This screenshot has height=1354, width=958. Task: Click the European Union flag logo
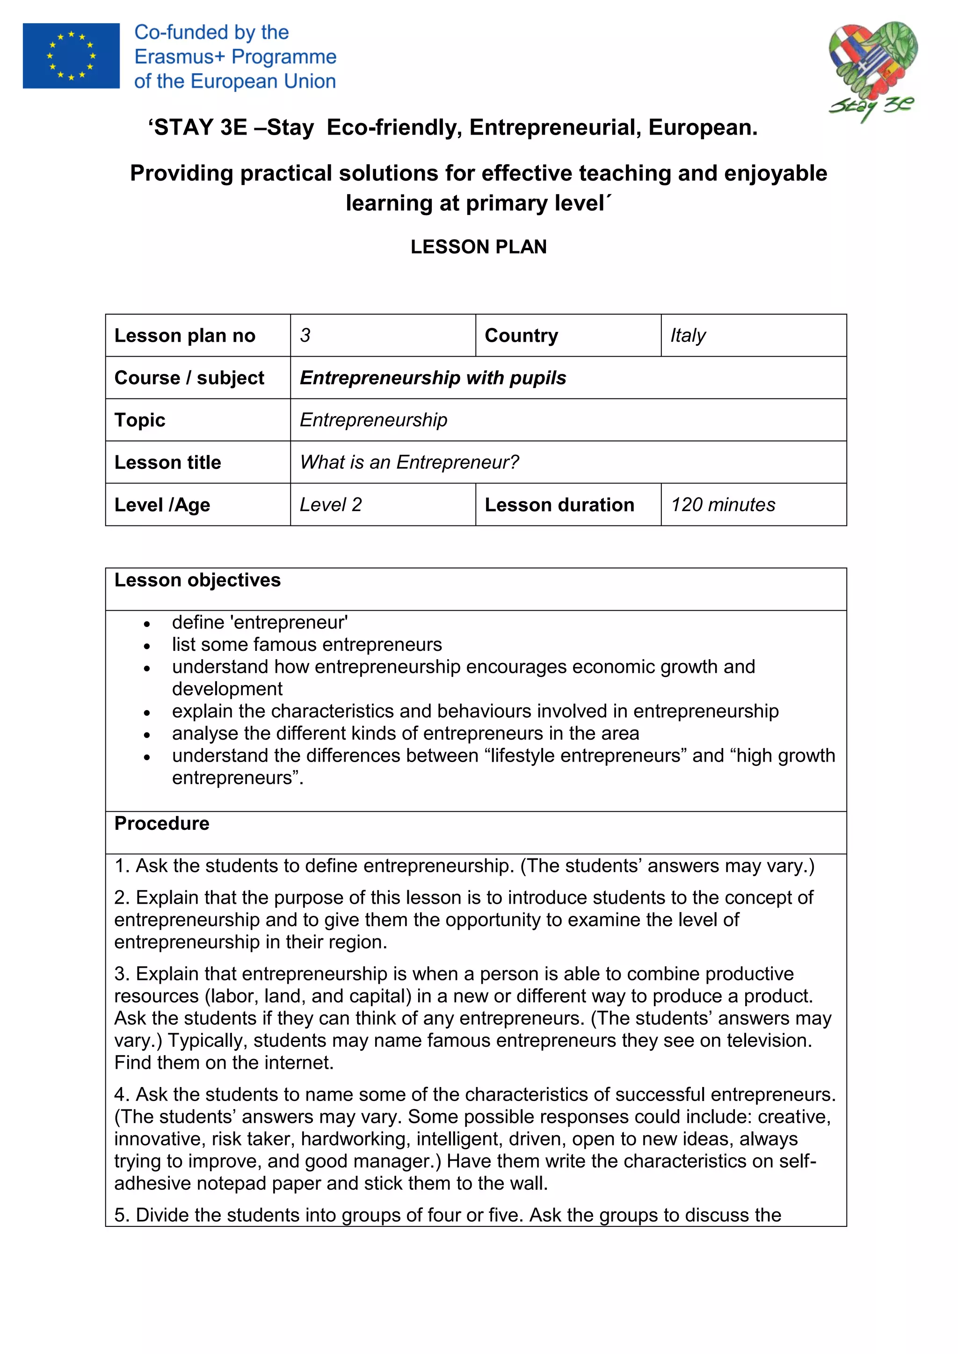[71, 56]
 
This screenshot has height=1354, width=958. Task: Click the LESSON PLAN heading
[479, 246]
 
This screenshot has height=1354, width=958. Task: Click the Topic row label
[140, 420]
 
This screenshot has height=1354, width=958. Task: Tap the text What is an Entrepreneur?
[409, 462]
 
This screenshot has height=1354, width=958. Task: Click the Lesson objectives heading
[197, 580]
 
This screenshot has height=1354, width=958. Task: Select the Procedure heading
[162, 823]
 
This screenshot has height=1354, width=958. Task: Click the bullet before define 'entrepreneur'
[147, 624]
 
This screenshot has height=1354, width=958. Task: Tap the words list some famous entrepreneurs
[307, 645]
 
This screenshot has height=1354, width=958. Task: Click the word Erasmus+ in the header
[181, 57]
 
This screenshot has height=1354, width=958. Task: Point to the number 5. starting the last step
[122, 1216]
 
